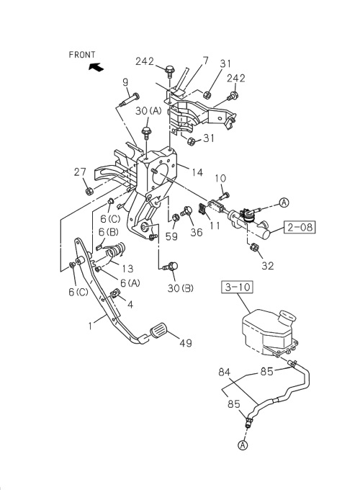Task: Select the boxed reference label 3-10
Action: click(x=238, y=289)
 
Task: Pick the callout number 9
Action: click(x=125, y=82)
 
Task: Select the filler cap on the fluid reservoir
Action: click(x=289, y=317)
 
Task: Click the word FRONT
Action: click(x=82, y=54)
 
